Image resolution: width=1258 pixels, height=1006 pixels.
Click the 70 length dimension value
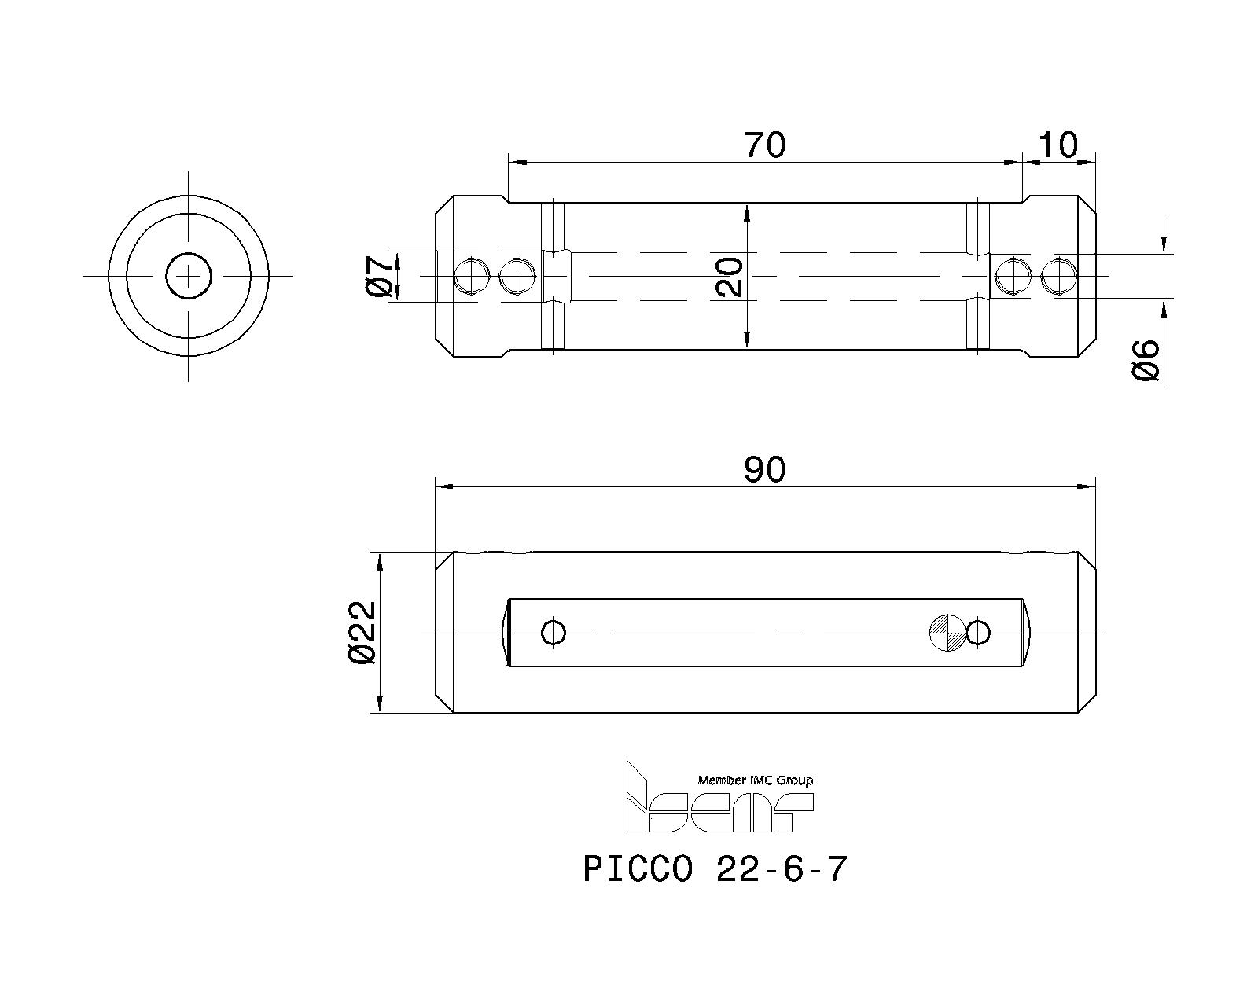764,145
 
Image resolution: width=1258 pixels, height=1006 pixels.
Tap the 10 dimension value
1058,145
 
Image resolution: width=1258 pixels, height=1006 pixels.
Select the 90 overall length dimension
764,470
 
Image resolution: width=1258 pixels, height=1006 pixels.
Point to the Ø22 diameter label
362,633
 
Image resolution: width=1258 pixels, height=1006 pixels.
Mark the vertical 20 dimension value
730,276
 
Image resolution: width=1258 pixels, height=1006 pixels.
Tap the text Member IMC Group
755,780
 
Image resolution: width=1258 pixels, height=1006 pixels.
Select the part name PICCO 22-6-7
715,869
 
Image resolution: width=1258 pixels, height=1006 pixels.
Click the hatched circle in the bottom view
947,632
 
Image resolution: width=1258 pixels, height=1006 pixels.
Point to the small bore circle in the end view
189,276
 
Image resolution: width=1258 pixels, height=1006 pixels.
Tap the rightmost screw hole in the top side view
1058,277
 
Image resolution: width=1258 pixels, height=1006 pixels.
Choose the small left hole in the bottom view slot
554,632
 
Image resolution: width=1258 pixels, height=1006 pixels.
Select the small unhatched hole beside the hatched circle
978,632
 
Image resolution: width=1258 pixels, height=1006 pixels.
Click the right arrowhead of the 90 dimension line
1088,487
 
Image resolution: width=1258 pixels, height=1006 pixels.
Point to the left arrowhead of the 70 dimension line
517,163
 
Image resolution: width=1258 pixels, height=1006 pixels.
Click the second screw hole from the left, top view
516,276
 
